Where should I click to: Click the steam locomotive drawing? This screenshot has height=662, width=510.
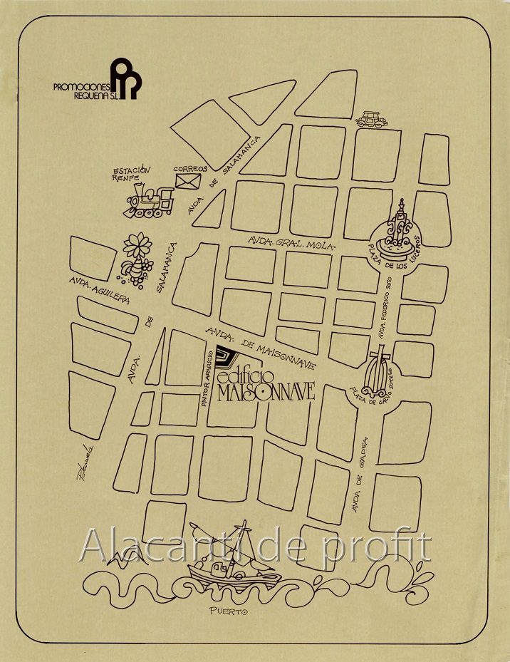tap(151, 201)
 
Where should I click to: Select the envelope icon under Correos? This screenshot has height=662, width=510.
tap(188, 181)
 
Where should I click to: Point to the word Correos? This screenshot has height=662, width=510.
tap(191, 168)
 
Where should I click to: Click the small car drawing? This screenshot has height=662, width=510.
tap(372, 119)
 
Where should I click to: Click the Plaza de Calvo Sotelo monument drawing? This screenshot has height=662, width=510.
tap(380, 372)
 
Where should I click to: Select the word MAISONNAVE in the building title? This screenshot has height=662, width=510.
tap(267, 393)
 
